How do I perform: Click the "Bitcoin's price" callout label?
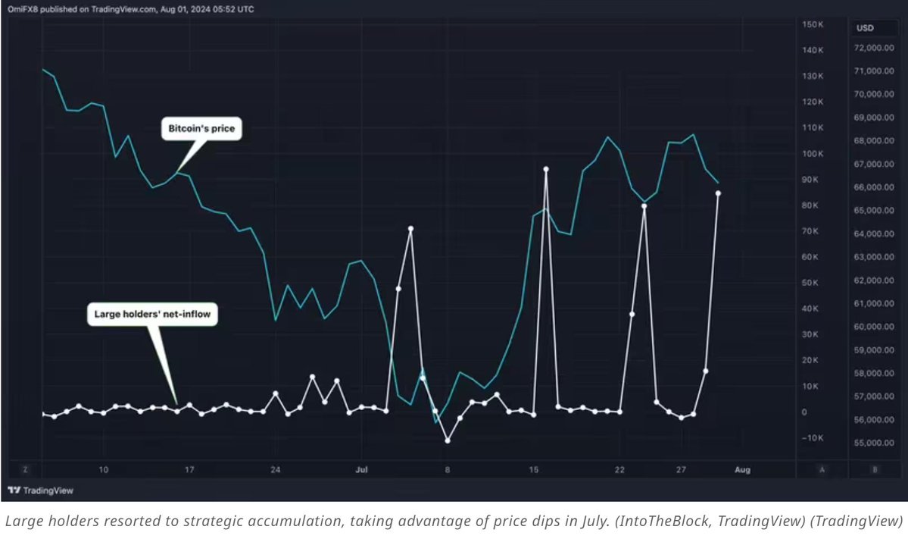pyautogui.click(x=201, y=129)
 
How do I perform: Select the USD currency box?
pyautogui.click(x=864, y=28)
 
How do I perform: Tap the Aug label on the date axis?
pyautogui.click(x=743, y=470)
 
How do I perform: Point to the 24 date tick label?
pyautogui.click(x=275, y=470)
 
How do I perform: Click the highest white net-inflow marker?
pyautogui.click(x=545, y=169)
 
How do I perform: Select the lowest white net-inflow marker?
pyautogui.click(x=448, y=440)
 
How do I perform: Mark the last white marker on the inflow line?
pyautogui.click(x=718, y=193)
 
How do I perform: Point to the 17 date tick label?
pyautogui.click(x=189, y=470)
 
